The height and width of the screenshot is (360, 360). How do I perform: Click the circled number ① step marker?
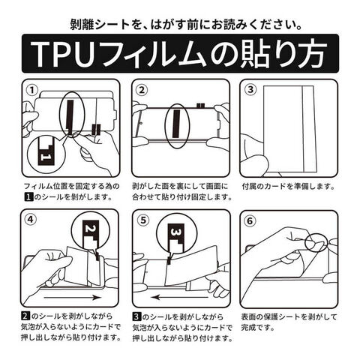pos(32,90)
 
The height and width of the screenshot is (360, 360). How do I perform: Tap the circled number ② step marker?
pos(142,90)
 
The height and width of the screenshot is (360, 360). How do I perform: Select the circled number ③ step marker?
pos(250,90)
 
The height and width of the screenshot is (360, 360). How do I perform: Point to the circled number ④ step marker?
pos(31,220)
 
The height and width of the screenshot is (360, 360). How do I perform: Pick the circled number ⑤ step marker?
pos(143,220)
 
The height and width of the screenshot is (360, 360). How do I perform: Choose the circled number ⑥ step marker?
pos(250,220)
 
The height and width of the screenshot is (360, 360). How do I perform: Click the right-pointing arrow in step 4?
pos(73,298)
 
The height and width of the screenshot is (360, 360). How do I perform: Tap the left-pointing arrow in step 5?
pos(180,298)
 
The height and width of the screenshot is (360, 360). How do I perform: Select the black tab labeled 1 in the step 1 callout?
pos(45,152)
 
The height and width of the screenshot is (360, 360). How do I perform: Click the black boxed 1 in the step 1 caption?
pos(28,197)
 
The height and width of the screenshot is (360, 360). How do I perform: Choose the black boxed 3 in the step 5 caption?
pos(136,316)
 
